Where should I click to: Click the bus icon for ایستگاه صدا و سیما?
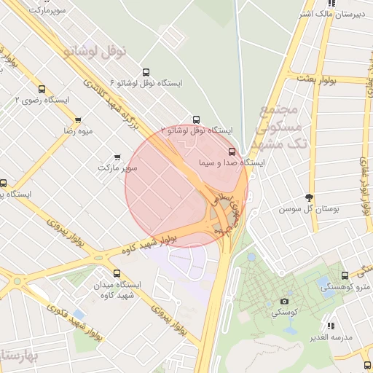point(232,152)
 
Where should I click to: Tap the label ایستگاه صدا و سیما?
point(232,164)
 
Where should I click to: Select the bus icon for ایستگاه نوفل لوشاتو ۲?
point(195,119)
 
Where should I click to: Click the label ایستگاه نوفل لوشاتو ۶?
point(146,84)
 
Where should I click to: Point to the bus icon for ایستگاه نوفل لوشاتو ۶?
point(146,72)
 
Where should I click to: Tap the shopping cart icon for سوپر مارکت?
point(118,157)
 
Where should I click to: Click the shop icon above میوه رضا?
point(78,119)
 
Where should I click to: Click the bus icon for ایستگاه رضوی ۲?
point(40,88)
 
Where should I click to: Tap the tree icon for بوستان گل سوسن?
point(310,197)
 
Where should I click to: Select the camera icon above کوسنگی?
point(284,301)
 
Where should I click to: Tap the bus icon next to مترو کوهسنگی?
point(345,276)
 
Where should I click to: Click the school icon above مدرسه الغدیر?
point(331,326)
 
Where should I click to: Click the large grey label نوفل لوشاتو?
point(95,51)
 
